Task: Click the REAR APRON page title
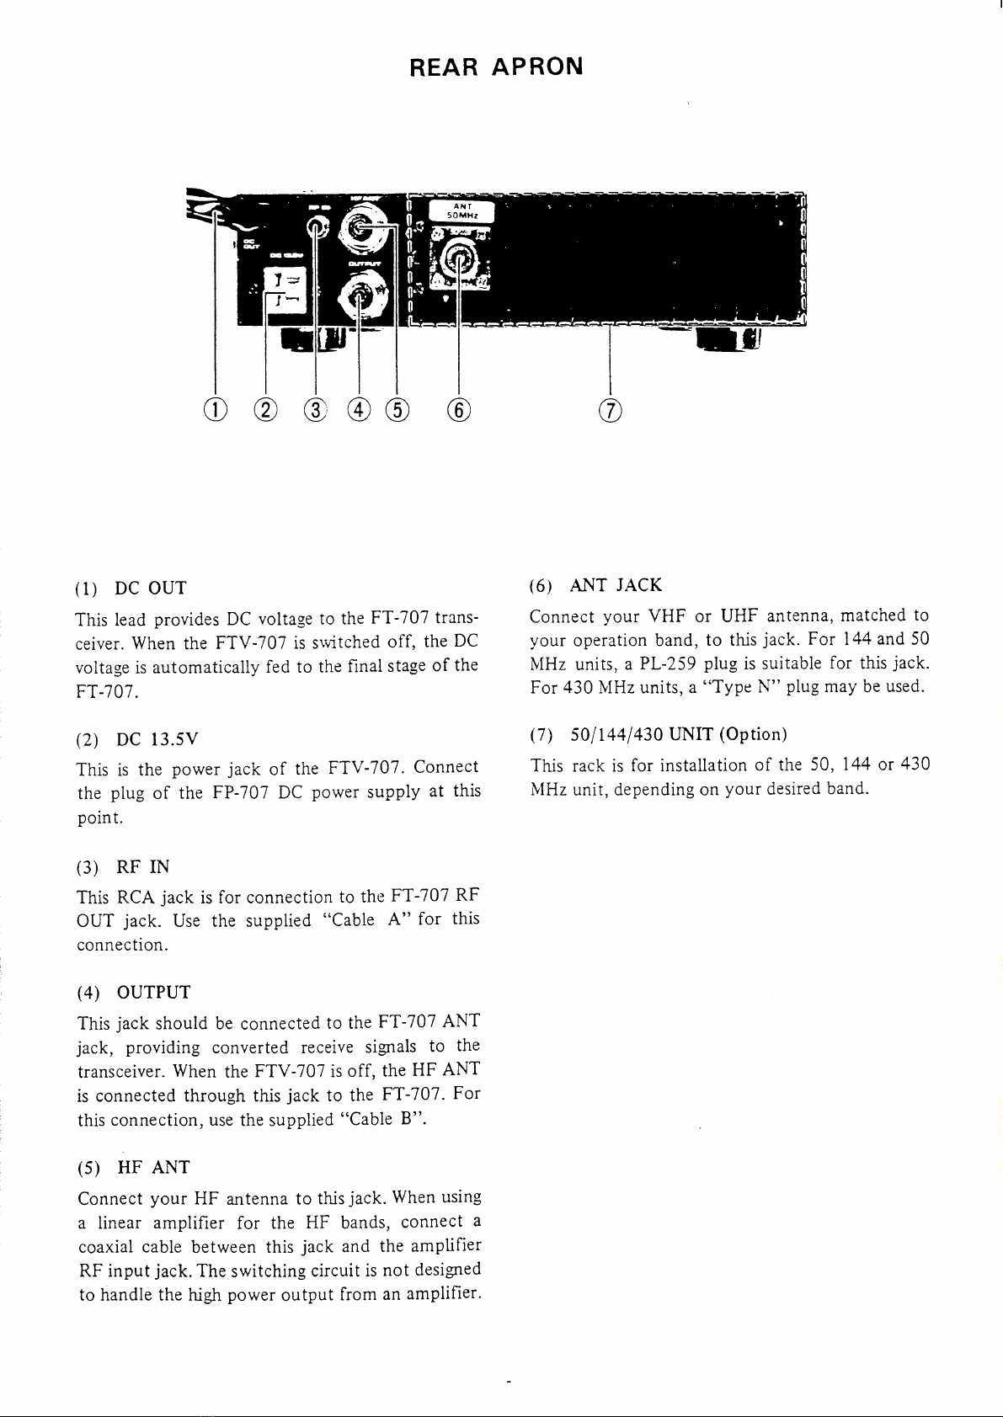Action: [496, 67]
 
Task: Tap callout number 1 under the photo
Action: [216, 410]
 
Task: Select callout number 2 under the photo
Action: [265, 410]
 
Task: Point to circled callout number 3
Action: [315, 410]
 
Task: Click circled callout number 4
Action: [360, 410]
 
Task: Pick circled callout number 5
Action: [396, 410]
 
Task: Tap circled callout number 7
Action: [609, 410]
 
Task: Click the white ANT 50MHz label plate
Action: [461, 210]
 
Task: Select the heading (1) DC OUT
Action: [131, 588]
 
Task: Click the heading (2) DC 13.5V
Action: [138, 738]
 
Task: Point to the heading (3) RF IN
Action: [123, 866]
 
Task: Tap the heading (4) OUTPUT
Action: [134, 992]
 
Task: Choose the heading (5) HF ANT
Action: [133, 1167]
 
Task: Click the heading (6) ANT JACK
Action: [596, 585]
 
